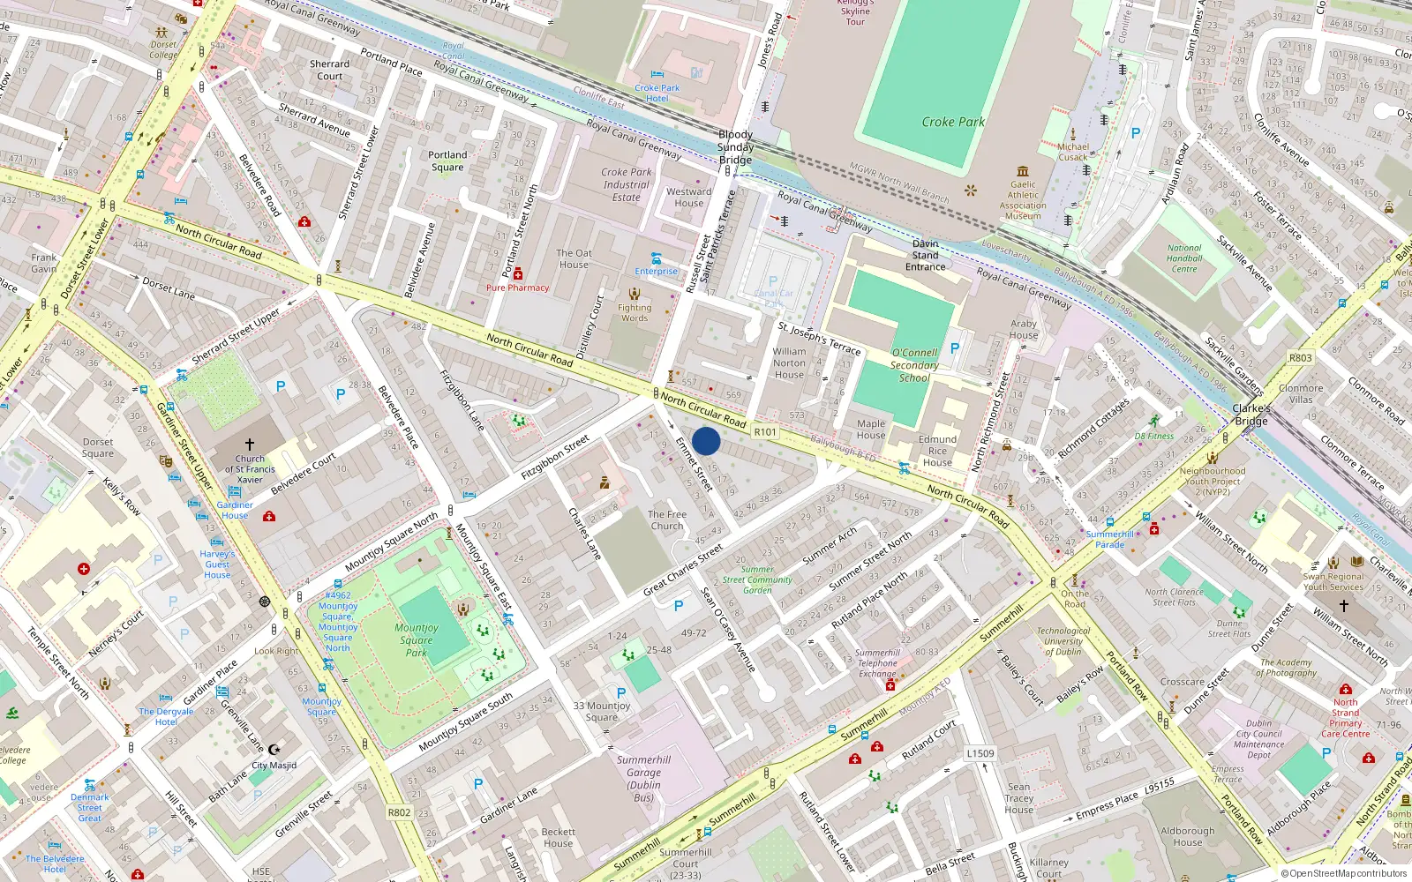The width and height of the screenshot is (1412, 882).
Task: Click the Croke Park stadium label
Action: [x=953, y=122]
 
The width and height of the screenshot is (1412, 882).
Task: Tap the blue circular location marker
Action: [x=706, y=442]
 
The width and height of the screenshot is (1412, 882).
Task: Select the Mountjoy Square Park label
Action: [x=417, y=640]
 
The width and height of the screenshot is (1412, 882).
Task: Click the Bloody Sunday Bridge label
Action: [x=735, y=147]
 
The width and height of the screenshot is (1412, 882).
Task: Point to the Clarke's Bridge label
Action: [x=1251, y=415]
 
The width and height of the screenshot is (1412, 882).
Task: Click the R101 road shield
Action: [x=765, y=432]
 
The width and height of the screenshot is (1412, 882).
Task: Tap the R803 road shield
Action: [x=1300, y=358]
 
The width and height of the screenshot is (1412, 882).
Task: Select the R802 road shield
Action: [x=399, y=812]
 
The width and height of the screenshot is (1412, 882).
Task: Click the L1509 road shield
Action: [x=980, y=753]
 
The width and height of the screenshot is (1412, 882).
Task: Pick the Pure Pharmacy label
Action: [x=517, y=288]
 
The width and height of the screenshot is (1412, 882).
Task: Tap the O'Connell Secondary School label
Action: [x=914, y=365]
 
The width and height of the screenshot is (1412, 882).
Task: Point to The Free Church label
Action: [x=667, y=519]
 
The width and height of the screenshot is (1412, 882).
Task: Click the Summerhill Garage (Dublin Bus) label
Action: [x=644, y=778]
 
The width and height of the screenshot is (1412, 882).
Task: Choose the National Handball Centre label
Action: [x=1184, y=258]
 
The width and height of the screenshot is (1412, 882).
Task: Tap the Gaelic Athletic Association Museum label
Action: [x=1023, y=200]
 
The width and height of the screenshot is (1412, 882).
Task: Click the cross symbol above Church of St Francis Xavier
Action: [x=250, y=445]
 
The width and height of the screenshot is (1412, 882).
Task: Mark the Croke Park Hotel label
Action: [x=657, y=93]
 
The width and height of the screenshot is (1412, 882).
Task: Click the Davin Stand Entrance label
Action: [x=925, y=255]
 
